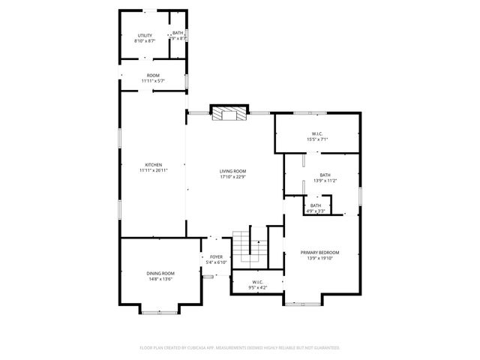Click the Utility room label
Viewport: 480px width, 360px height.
[145, 35]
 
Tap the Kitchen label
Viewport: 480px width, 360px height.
[153, 165]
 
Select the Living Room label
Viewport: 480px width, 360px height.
[232, 171]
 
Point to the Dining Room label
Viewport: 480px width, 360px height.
[160, 273]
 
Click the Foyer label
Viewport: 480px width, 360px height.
[216, 256]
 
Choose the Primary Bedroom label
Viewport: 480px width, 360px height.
[320, 252]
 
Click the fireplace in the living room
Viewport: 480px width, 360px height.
[228, 113]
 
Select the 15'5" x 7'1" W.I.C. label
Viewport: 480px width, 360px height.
[317, 134]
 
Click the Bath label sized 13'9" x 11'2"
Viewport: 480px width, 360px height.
[325, 175]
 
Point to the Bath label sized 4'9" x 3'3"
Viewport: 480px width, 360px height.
[316, 205]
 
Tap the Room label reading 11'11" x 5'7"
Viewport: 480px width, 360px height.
[153, 75]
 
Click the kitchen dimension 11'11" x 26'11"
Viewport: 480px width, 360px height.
[153, 171]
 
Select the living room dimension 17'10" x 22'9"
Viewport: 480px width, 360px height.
[232, 177]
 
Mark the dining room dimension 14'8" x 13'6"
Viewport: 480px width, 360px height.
[160, 279]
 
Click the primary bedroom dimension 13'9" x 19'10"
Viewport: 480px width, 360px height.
[320, 258]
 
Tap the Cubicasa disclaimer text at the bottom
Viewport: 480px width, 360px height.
[240, 347]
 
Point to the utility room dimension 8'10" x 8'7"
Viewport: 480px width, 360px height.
[145, 41]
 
